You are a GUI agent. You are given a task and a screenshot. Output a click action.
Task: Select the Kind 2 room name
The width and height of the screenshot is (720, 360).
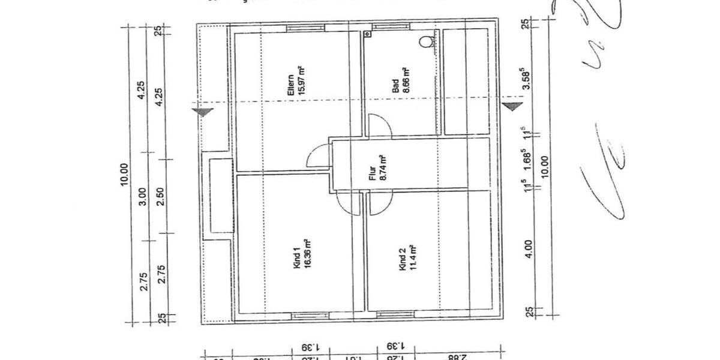[x=401, y=264]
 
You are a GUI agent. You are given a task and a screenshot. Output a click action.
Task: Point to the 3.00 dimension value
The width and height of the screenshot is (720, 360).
[x=142, y=197]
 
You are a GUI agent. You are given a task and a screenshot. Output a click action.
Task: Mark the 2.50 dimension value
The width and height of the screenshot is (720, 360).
[x=160, y=197]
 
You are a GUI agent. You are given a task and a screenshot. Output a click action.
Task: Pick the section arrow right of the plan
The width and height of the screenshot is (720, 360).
[x=512, y=107]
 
